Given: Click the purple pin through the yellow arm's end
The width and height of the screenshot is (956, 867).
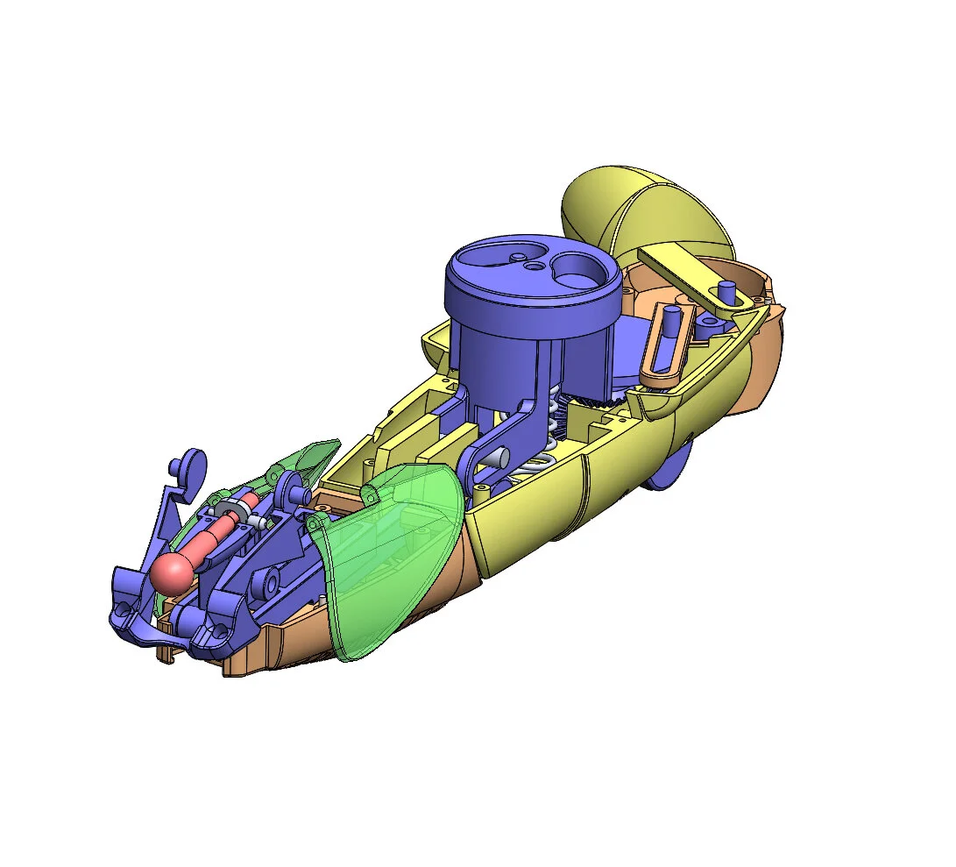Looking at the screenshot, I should point(726,291).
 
